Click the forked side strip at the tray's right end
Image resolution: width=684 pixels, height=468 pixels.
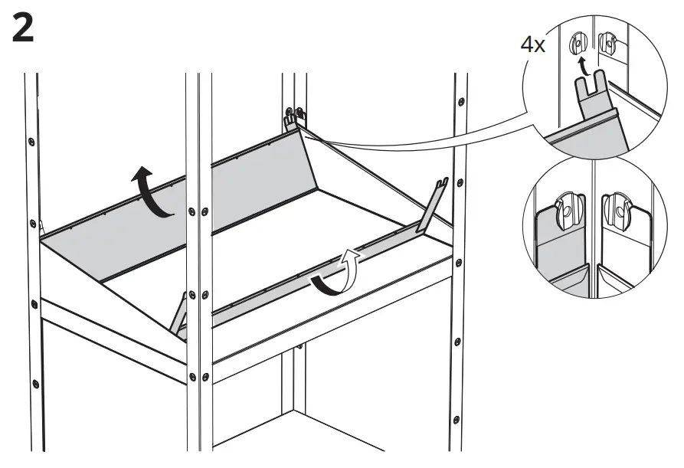pyautogui.click(x=431, y=207)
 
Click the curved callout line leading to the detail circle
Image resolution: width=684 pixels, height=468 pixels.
pyautogui.click(x=429, y=136)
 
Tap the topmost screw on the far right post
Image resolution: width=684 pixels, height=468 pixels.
pyautogui.click(x=460, y=102)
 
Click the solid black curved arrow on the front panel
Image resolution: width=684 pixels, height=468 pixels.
pyautogui.click(x=325, y=285)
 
